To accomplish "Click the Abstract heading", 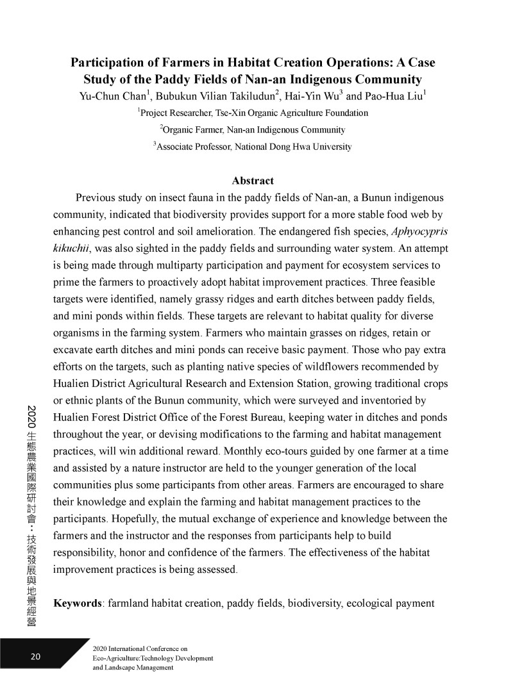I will [253, 181].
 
